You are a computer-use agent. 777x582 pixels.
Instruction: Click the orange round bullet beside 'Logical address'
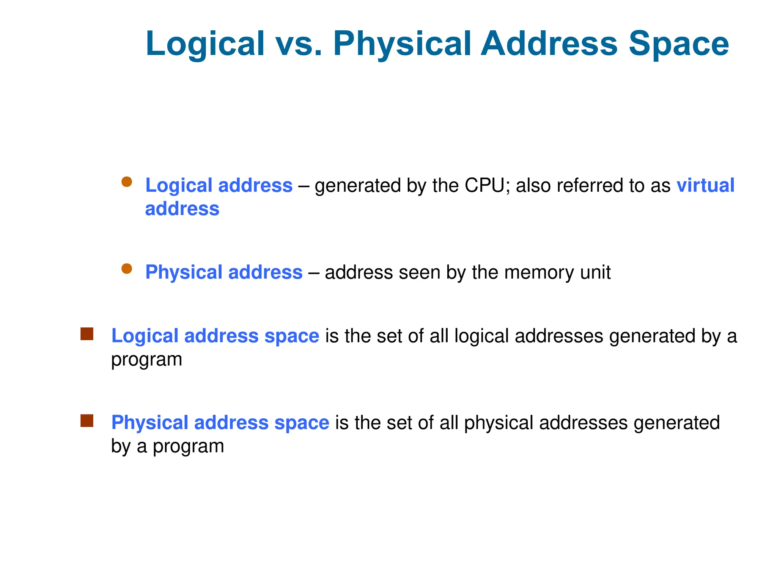pos(127,182)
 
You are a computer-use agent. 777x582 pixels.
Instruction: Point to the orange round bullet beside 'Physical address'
pos(127,269)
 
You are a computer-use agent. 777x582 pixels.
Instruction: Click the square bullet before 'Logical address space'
pos(87,334)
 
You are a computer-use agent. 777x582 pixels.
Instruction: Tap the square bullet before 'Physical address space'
pos(87,421)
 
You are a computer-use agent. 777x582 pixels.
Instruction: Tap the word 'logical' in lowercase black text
pos(481,336)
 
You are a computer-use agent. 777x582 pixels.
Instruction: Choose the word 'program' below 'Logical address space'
pos(146,360)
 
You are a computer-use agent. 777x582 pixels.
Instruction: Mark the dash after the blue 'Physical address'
pos(314,272)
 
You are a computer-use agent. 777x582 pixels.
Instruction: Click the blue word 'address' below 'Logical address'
pos(182,209)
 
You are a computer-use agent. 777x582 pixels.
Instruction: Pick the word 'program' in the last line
pos(188,446)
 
